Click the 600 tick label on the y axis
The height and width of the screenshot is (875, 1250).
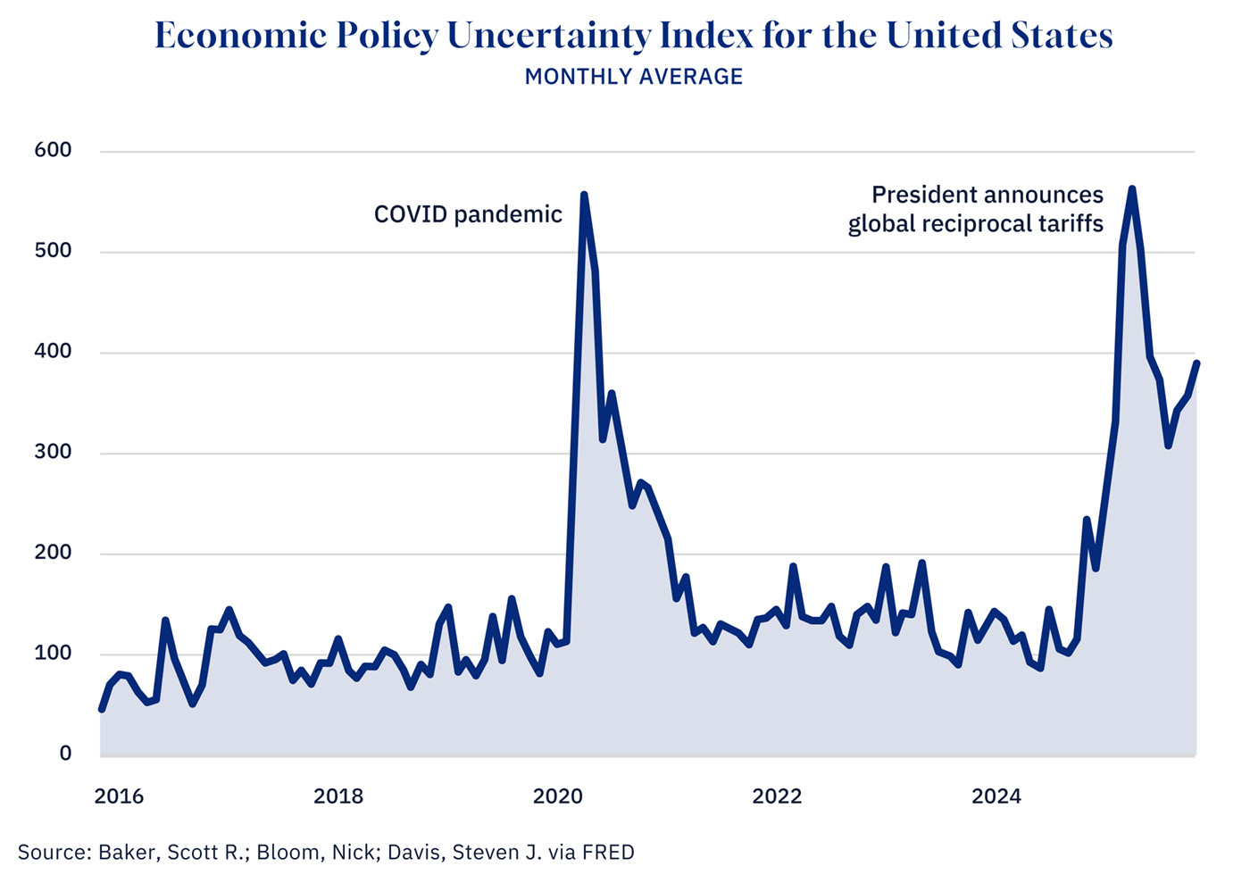[x=53, y=150]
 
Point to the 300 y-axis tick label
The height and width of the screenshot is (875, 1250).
[x=53, y=452]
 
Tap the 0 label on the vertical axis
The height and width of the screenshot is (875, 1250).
[x=65, y=754]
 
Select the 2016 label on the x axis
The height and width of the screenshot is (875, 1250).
[x=119, y=796]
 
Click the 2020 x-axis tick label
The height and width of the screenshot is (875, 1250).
[x=557, y=796]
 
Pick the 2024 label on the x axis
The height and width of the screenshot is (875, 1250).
[x=996, y=796]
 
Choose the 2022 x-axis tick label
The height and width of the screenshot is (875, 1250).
[x=777, y=796]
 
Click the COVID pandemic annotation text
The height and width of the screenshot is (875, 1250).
[x=468, y=214]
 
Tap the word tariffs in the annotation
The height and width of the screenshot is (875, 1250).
[x=1071, y=223]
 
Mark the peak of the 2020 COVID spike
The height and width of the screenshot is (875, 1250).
[x=584, y=195]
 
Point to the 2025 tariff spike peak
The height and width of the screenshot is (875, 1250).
[x=1132, y=189]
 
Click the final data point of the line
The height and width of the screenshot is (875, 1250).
[x=1196, y=363]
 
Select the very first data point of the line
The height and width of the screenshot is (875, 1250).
[x=101, y=710]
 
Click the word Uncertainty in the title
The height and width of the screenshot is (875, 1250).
[x=549, y=36]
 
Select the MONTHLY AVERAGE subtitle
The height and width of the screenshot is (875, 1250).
[x=634, y=77]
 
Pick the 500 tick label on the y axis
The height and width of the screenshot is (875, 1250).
[x=53, y=251]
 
